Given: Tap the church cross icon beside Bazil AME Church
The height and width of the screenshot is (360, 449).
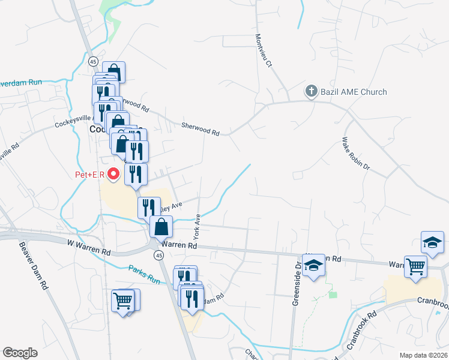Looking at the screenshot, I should pyautogui.click(x=311, y=92).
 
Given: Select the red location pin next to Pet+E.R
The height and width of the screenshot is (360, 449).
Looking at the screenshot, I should pyautogui.click(x=115, y=175).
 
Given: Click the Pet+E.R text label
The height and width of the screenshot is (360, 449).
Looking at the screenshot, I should pyautogui.click(x=90, y=175).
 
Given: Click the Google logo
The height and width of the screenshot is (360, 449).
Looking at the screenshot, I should pyautogui.click(x=20, y=353).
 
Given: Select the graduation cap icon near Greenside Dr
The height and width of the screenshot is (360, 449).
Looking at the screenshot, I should pyautogui.click(x=313, y=265).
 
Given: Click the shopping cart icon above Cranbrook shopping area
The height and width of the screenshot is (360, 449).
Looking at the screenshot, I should pyautogui.click(x=415, y=266).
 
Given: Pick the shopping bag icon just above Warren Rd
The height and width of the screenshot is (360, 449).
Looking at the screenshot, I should pyautogui.click(x=161, y=227).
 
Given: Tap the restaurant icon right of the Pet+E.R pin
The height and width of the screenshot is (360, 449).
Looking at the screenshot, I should pyautogui.click(x=136, y=174).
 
